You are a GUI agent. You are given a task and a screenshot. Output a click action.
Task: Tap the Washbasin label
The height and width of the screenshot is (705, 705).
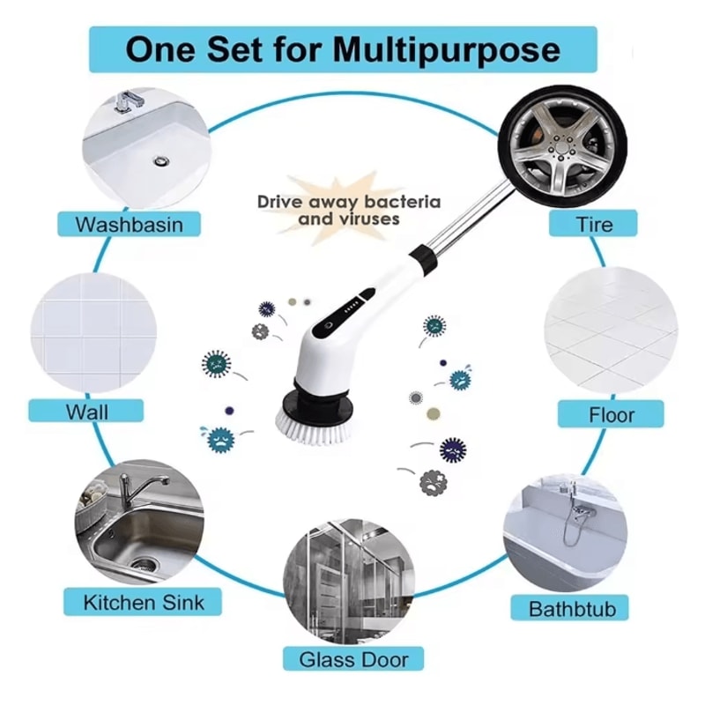130,224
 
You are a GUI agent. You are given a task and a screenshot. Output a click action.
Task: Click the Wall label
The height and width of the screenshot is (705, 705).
87,411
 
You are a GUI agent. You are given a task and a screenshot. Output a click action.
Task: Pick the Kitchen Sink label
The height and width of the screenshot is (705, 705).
143,603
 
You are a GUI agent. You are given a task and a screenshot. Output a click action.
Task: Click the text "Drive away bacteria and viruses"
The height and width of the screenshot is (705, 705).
349,210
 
